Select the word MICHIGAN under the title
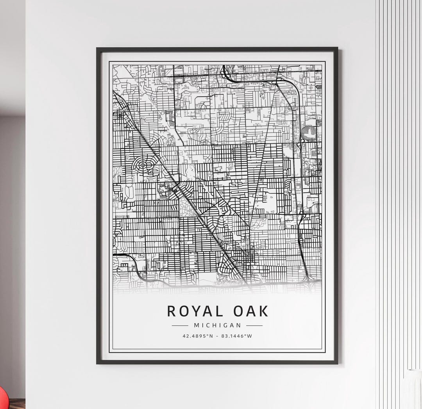point(217,325)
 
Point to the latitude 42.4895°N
point(198,336)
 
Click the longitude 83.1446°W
point(236,336)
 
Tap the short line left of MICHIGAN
point(180,325)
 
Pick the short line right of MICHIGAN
point(254,325)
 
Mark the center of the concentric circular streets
point(143,165)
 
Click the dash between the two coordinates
point(217,336)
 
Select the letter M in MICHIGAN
point(196,325)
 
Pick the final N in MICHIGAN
point(239,325)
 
